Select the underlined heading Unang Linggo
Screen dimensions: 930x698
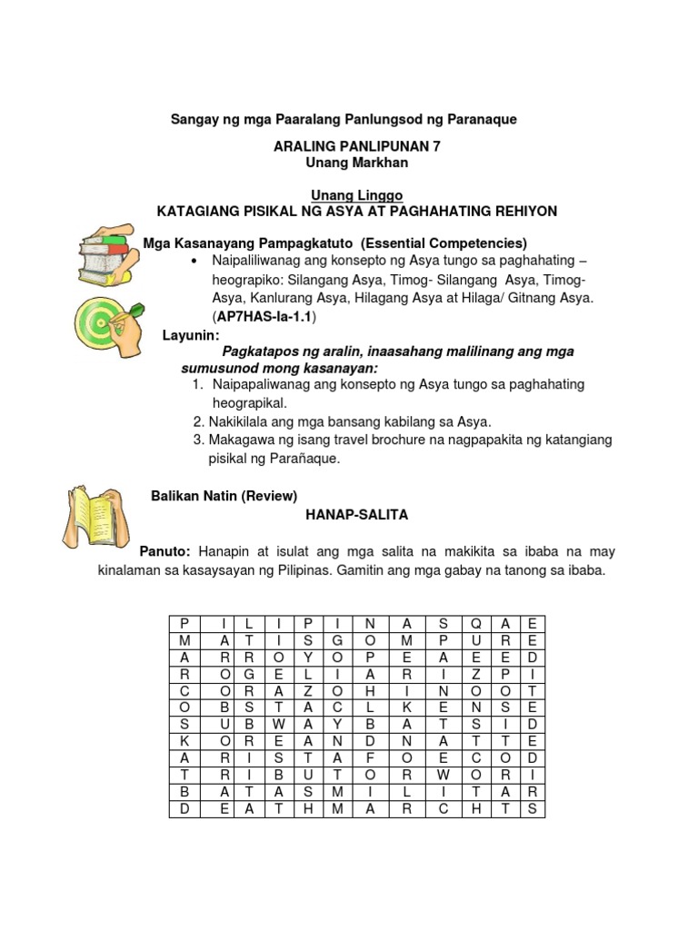351,195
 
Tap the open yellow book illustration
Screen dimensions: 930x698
94,519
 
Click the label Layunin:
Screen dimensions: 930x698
191,335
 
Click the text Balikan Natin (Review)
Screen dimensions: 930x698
223,495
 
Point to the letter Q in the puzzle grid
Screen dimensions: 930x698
474,623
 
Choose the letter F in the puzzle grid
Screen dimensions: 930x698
370,757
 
